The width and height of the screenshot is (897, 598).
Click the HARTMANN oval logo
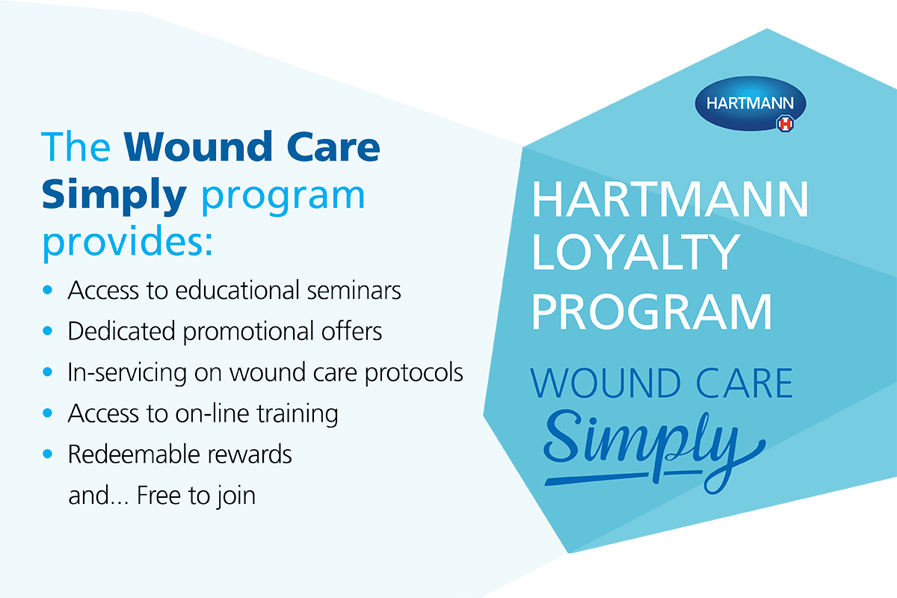750,103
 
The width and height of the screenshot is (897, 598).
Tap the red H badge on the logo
786,124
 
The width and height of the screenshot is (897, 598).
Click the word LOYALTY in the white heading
635,252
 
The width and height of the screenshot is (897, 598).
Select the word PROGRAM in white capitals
652,312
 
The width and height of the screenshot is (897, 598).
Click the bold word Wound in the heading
198,147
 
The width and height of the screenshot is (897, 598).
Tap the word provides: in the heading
128,241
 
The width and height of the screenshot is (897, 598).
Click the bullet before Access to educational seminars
48,289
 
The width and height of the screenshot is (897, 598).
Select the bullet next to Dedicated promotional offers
48,331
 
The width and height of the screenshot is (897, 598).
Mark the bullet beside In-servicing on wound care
48,372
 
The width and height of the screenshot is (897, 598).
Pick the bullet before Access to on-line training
48,413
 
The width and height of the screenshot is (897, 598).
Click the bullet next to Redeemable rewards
48,454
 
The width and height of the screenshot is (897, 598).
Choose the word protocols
414,373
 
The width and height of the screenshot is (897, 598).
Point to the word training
298,414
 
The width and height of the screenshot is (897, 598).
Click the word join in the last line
237,496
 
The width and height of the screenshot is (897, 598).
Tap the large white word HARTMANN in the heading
671,199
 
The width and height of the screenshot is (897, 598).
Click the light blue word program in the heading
283,197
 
